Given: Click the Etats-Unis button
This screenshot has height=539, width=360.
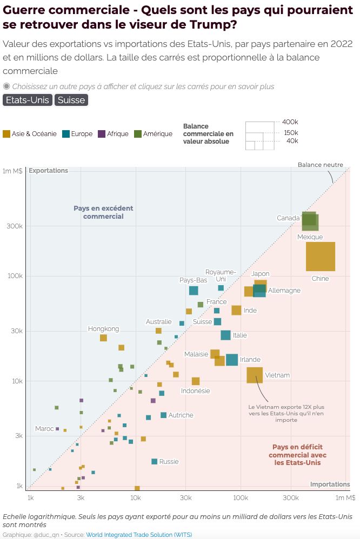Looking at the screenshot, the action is [28, 100].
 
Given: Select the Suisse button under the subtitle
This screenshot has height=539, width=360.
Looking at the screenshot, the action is [71, 100].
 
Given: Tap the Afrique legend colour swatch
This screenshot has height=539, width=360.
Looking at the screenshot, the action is [102, 134].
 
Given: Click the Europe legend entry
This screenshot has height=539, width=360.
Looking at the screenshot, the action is [77, 134].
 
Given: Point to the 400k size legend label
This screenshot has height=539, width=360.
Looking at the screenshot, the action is [290, 122].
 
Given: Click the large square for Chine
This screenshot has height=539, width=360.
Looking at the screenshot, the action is [321, 257].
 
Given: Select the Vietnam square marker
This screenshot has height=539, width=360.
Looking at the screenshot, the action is [255, 375].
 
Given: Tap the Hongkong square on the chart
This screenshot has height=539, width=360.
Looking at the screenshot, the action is [103, 338].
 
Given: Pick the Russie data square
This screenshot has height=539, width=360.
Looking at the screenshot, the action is [155, 461].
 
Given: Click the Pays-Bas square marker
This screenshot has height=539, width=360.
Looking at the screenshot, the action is [194, 291].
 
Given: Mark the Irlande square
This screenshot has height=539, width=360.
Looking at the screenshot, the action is [232, 360].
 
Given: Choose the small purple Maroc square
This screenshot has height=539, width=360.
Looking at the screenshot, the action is [57, 429].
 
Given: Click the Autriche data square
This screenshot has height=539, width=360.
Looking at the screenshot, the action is [163, 415].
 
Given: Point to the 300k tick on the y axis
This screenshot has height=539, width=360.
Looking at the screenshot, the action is [15, 226].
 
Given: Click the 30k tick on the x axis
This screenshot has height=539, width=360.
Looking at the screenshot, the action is [186, 498].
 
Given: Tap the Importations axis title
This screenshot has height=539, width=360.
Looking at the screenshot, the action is [330, 484].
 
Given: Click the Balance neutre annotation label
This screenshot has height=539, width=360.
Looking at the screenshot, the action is [321, 165].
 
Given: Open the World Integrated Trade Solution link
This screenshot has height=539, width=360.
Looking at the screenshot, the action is [139, 535].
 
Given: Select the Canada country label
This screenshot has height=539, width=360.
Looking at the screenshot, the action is [289, 218].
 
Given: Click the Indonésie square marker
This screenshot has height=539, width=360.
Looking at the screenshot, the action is [196, 381].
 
